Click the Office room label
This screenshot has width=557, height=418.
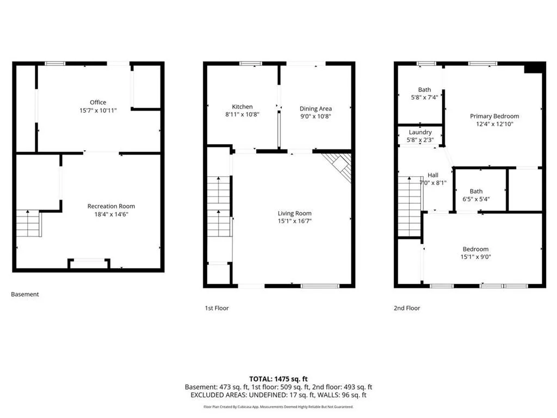(x=98, y=102)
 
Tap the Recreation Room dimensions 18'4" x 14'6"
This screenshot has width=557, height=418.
(x=111, y=214)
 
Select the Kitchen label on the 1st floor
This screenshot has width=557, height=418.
(x=242, y=107)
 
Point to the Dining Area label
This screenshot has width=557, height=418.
(x=315, y=109)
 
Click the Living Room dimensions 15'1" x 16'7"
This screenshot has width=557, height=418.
(x=294, y=221)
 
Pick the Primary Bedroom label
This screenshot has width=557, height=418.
(x=494, y=116)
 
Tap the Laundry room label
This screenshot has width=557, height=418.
(x=420, y=132)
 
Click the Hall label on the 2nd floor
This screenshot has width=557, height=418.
(x=433, y=175)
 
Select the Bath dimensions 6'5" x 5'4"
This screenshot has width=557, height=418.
(x=476, y=199)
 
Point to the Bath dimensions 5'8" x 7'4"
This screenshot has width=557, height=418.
(x=424, y=97)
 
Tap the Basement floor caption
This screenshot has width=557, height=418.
(x=25, y=294)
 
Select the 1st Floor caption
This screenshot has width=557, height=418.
(x=216, y=308)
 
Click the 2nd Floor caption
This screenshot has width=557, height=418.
(x=407, y=308)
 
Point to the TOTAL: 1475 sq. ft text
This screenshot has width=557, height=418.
(x=278, y=378)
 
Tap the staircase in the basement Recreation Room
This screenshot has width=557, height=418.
(x=28, y=223)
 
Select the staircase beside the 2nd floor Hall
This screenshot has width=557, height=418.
(x=410, y=206)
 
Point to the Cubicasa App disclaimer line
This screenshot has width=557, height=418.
(x=278, y=407)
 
